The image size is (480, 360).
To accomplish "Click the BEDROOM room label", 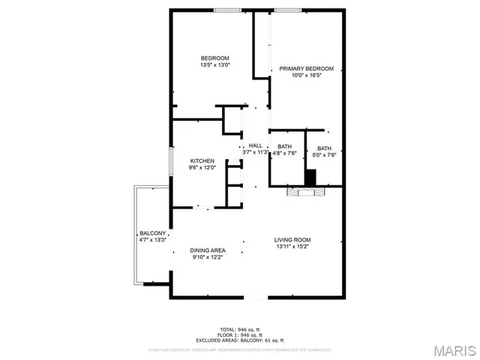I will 214,58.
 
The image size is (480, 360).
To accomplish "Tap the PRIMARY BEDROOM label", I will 306,68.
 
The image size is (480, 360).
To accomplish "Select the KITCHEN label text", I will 202,160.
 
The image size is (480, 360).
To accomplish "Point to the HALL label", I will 256,145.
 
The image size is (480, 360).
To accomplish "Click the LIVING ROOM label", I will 292,238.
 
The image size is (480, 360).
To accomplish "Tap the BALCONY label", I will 151,232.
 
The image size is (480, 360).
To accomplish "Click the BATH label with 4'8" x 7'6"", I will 284,146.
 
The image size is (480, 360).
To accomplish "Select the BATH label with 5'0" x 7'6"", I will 323,148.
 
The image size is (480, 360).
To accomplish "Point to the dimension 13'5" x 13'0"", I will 214,65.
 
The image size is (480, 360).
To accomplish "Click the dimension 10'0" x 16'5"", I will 306,76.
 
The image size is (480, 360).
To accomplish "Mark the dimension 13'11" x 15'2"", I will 292,246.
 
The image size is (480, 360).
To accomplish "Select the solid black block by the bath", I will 310,178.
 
